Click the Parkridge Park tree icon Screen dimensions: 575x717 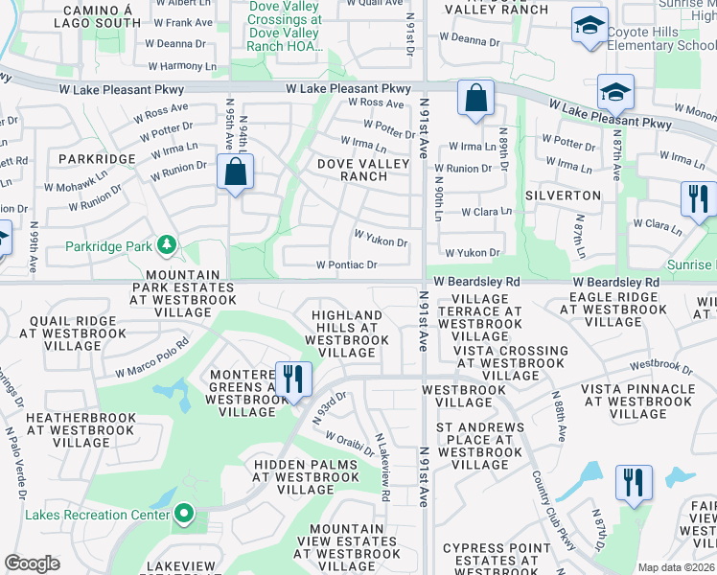pos(168,246)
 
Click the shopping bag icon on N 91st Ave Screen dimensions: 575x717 pos(475,98)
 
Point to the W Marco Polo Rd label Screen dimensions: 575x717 pos(152,356)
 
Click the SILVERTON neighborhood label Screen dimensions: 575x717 pos(563,195)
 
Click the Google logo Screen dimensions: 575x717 pos(32,563)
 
